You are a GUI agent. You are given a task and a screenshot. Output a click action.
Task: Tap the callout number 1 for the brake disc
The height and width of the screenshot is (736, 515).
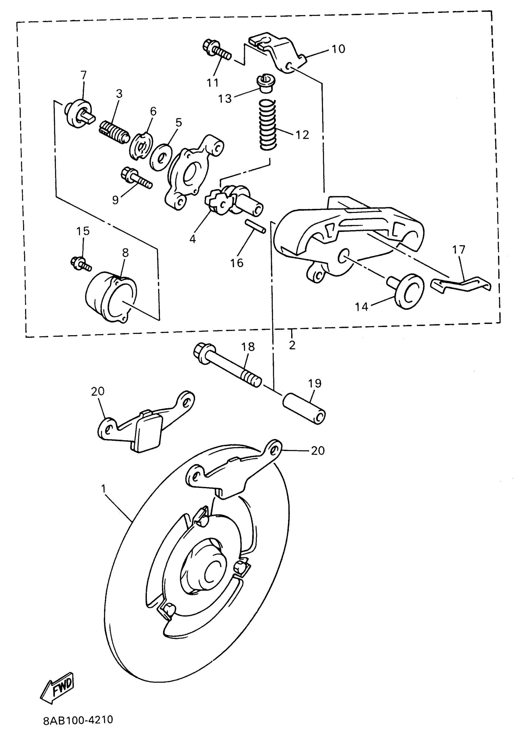pos(103,489)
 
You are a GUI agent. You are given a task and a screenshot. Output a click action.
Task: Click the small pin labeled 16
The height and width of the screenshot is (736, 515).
pos(255,226)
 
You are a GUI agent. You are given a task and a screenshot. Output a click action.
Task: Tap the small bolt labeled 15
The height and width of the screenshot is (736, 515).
pos(81,263)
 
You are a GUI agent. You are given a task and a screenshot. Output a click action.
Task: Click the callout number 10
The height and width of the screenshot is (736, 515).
pos(338,49)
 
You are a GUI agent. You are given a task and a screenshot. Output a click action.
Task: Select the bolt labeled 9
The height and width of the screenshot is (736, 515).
pos(136,179)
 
